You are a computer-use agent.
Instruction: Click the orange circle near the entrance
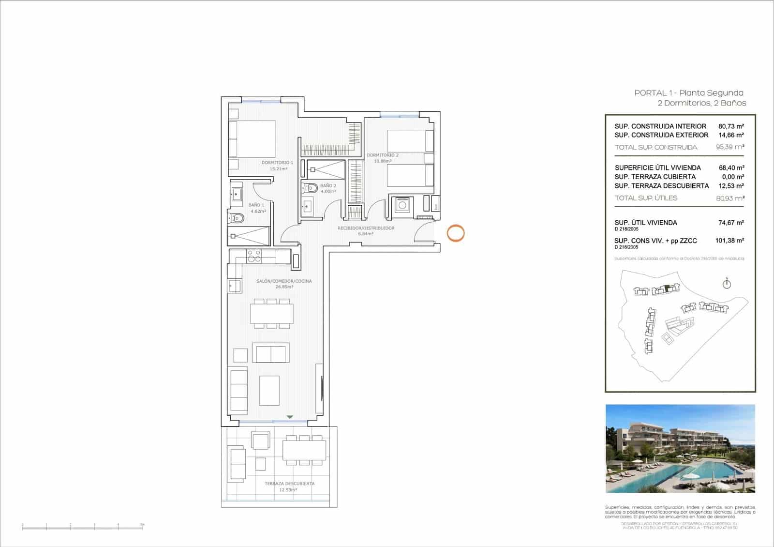coord(455,233)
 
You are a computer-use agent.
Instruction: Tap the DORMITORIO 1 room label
coord(277,163)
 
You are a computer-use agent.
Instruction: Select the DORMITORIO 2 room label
coord(382,155)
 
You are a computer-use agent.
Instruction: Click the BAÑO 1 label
coord(256,205)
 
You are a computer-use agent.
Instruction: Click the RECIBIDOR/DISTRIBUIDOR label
coord(366,228)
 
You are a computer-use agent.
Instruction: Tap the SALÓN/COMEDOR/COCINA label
coord(284,281)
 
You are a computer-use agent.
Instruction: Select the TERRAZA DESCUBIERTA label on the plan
coord(289,484)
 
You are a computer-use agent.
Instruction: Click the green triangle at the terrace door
coord(289,417)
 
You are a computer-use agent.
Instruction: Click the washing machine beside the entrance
coord(401,205)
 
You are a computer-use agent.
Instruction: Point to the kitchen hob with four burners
coord(254,256)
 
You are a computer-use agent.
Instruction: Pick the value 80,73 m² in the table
coord(731,126)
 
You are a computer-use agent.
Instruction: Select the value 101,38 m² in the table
coord(729,240)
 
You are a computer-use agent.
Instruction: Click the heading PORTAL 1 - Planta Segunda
coord(689,93)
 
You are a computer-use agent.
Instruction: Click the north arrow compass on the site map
coord(727,284)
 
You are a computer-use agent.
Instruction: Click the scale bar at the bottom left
coord(82,526)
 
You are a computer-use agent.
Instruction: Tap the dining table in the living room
coord(271,314)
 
